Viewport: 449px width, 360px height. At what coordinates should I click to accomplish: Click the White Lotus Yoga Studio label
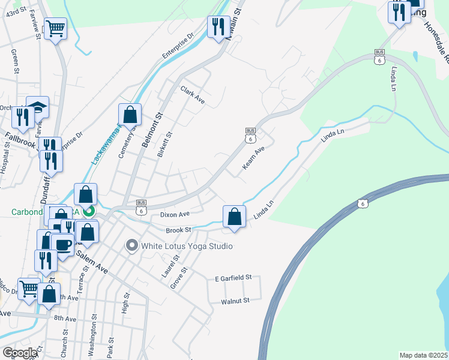[186, 246]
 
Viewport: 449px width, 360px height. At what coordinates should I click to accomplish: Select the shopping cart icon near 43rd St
[55, 28]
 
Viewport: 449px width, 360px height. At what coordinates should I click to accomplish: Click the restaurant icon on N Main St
[218, 26]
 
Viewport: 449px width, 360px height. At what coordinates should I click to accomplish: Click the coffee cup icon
[63, 244]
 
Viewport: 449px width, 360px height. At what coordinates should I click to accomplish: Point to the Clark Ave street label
[193, 95]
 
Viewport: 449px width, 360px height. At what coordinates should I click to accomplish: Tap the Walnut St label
[235, 301]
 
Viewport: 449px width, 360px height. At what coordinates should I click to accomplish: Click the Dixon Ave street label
[175, 214]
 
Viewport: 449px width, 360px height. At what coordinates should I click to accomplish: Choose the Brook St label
[178, 230]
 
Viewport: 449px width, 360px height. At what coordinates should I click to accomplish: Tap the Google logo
[20, 353]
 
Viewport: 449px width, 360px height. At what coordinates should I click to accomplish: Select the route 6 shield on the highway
[362, 204]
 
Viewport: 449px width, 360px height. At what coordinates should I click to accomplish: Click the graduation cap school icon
[38, 107]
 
